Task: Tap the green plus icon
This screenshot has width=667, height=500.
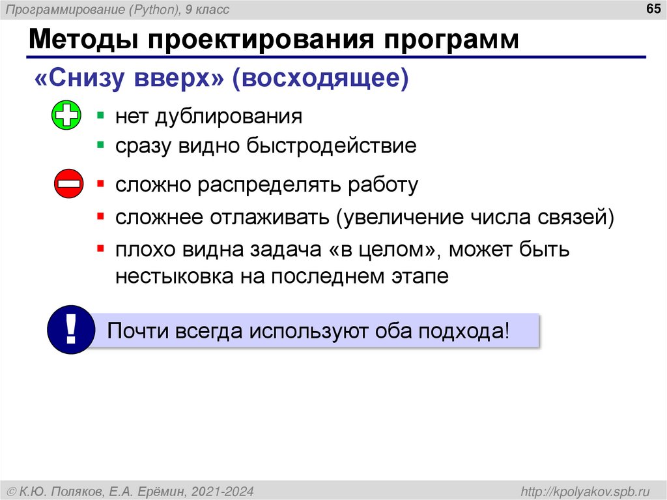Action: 66,116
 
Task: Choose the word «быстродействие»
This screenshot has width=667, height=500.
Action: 331,145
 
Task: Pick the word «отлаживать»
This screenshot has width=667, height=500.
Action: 269,216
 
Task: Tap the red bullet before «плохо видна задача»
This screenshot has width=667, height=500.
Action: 100,248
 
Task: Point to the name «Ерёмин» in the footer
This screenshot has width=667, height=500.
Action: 167,490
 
